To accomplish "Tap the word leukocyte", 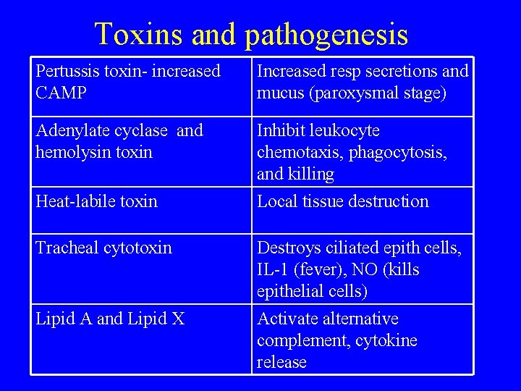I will point(344,131).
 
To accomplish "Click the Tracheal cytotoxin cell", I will point(103,248).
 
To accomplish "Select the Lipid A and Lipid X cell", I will point(110,319).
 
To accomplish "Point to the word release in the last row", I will point(281,363).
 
